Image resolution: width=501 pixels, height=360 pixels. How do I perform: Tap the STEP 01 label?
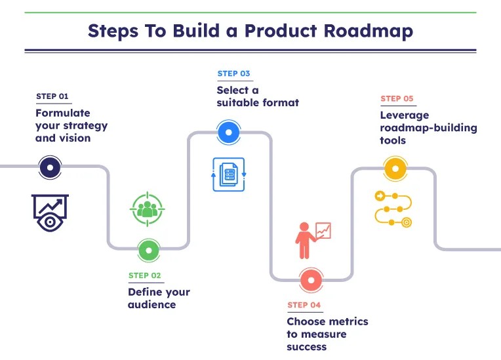point(52,96)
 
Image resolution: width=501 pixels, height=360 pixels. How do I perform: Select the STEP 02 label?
point(144,275)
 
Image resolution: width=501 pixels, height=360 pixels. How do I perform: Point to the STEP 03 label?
point(233,73)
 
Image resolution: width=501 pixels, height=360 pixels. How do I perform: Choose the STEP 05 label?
point(397,98)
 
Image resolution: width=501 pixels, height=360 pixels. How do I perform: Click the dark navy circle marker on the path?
point(51,168)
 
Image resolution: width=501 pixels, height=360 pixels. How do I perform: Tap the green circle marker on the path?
point(149,250)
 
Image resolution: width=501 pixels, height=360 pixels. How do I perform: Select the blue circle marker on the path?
point(228,132)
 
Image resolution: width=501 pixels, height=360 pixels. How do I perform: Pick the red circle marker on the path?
point(310,281)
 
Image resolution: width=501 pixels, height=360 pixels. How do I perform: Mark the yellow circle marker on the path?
point(394,168)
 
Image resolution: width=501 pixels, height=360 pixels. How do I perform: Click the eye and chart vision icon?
point(50,212)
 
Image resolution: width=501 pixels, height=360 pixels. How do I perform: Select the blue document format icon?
point(228,174)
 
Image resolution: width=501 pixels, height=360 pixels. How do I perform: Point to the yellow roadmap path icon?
point(392,209)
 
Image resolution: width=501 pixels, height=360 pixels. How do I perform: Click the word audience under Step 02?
point(151,304)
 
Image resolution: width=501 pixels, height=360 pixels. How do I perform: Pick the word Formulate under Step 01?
point(63,113)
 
